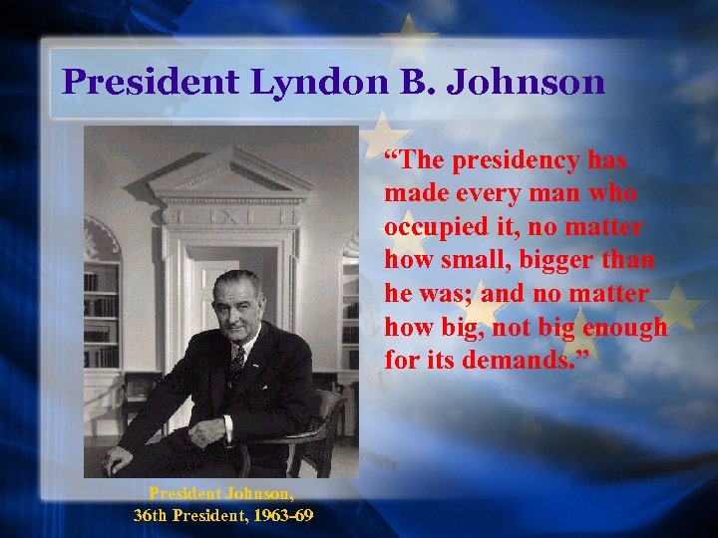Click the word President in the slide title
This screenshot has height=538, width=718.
[150, 82]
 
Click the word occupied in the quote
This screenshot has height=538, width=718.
[438, 227]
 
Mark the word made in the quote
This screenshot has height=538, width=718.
[415, 194]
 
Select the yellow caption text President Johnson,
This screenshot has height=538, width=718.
[221, 492]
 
